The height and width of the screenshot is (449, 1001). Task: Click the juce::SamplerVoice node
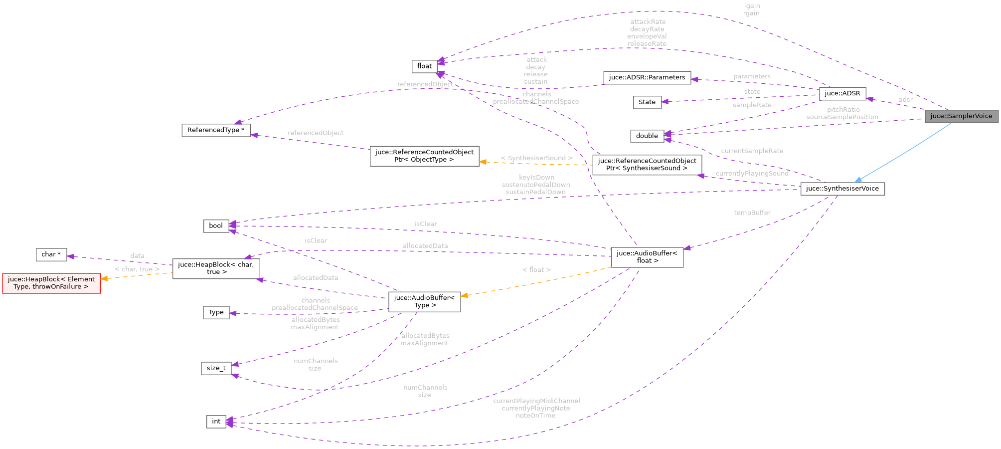(961, 116)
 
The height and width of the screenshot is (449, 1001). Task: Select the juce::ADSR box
(842, 93)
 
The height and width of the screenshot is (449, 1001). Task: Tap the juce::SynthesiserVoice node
(842, 189)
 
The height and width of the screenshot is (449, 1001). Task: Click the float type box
(424, 66)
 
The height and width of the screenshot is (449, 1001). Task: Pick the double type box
(647, 136)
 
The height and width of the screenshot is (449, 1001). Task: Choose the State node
(647, 102)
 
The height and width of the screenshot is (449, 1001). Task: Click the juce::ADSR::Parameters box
(647, 77)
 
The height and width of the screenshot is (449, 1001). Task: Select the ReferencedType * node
(216, 130)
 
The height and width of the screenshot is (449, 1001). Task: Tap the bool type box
(216, 225)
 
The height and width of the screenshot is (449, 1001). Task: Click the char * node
(51, 254)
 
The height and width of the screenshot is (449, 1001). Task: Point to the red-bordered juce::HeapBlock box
(51, 283)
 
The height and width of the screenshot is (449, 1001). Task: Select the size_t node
(216, 368)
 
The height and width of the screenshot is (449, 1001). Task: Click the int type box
(216, 422)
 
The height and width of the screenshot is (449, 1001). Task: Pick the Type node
(216, 312)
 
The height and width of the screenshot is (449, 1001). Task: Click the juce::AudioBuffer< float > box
(647, 257)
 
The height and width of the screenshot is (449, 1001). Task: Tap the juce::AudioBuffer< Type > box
(424, 301)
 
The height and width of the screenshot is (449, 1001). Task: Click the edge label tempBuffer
(752, 213)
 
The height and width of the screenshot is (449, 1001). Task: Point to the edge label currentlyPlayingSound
(752, 174)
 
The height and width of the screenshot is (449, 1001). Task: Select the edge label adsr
(905, 100)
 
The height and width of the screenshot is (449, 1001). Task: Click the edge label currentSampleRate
(752, 151)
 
